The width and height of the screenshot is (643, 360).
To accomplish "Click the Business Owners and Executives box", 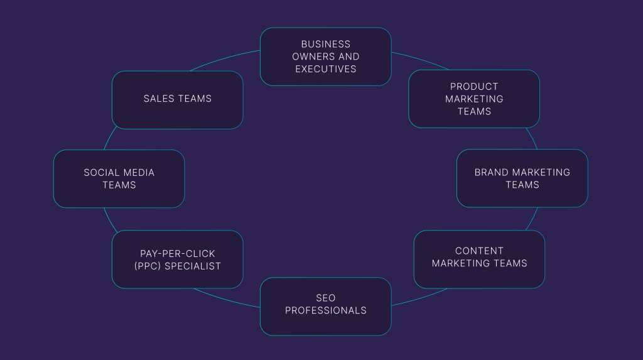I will pyautogui.click(x=325, y=57).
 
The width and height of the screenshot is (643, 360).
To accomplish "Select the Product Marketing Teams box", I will pyautogui.click(x=474, y=99).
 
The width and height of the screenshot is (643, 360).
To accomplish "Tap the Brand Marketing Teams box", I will pyautogui.click(x=522, y=178).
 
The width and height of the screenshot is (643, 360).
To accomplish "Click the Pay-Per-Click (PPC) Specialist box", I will pyautogui.click(x=177, y=259).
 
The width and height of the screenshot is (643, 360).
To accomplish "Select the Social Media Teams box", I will pyautogui.click(x=119, y=178).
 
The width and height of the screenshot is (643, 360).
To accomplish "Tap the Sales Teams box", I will pyautogui.click(x=177, y=99).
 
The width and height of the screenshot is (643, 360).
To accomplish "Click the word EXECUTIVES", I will pyautogui.click(x=326, y=69).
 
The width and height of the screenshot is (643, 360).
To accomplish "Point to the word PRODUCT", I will pyautogui.click(x=474, y=87).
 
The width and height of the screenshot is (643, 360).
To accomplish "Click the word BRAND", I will pyautogui.click(x=492, y=172).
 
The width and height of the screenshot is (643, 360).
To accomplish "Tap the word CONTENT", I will pyautogui.click(x=479, y=251).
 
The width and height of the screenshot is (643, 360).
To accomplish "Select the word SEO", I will pyautogui.click(x=325, y=298).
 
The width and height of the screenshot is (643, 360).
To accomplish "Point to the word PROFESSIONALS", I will pyautogui.click(x=325, y=310).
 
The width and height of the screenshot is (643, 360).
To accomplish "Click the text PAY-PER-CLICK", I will pyautogui.click(x=178, y=254).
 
